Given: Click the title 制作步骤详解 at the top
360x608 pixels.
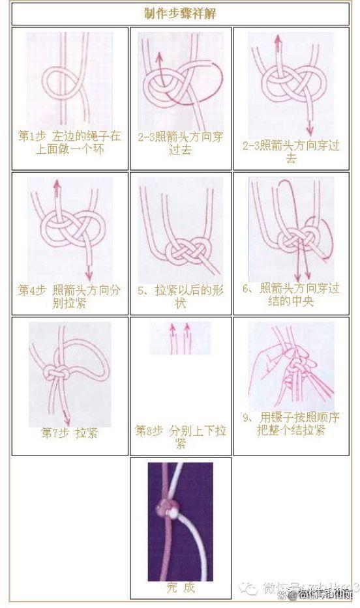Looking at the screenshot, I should pos(181,13).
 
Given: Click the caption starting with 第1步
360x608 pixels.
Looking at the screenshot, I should pos(69,141).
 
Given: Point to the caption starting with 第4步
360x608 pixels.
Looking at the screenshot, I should pos(69,295).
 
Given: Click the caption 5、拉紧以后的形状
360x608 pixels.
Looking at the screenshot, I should pos(181,295).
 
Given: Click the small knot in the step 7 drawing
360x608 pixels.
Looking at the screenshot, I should pos(52,374).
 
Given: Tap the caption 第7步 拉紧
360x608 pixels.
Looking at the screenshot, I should pos(69,432).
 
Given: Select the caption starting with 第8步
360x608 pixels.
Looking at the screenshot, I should pos(181,437).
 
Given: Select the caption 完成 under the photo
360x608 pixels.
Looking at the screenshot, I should pos(180,587).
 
